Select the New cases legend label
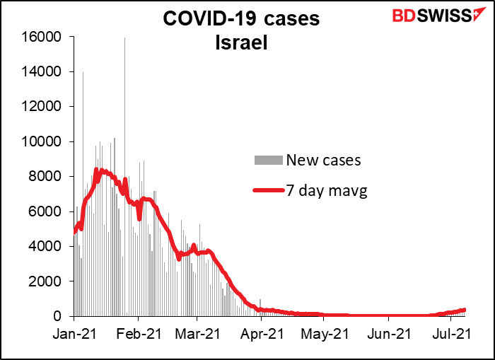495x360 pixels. (323, 160)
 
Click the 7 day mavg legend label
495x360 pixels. (327, 189)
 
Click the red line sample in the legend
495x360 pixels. (269, 190)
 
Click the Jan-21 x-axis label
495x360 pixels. (74, 331)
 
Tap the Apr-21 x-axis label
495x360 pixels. (261, 331)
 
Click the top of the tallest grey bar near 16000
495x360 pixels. (125, 38)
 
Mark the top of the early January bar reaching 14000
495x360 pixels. (83, 72)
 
